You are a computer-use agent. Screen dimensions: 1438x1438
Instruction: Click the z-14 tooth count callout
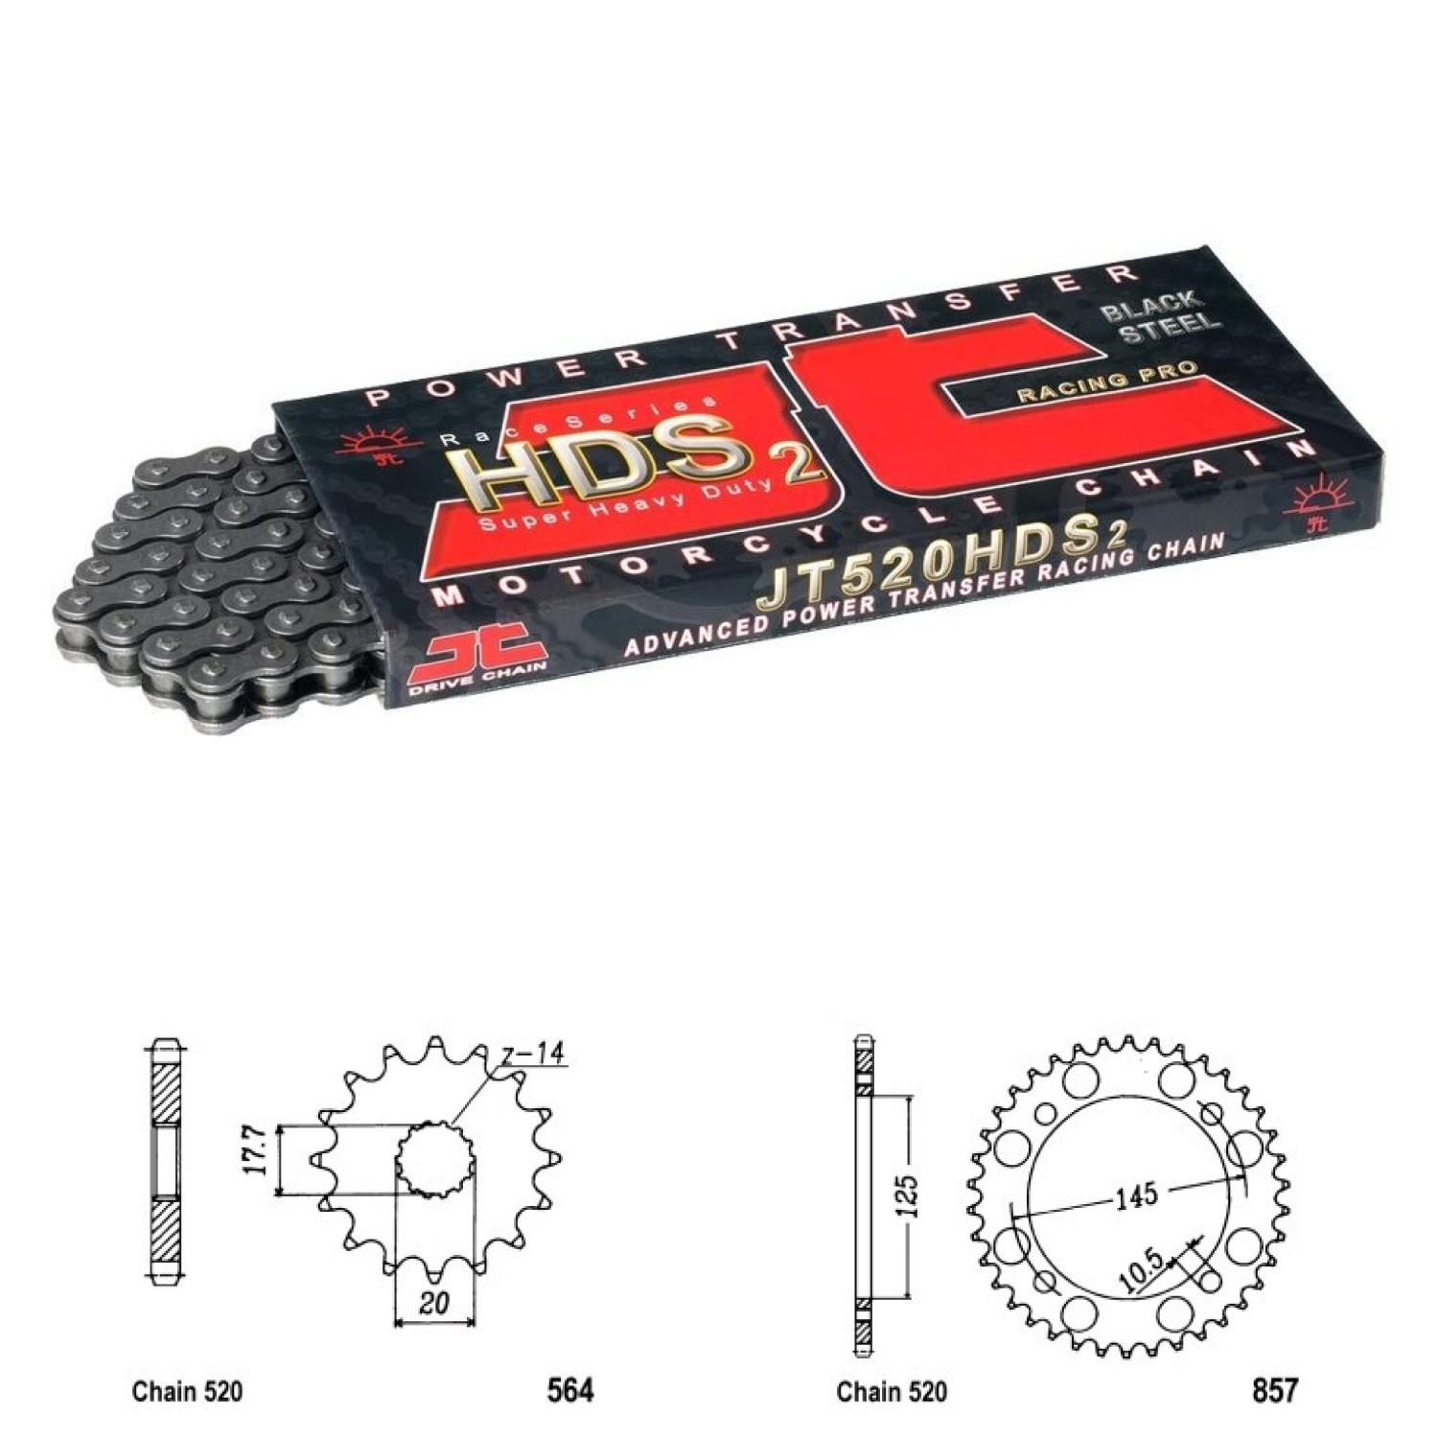click(x=532, y=1053)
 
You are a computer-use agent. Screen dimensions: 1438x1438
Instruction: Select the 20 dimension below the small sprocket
click(x=434, y=1302)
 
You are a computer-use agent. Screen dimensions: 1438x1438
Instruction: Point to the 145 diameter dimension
click(x=1136, y=1195)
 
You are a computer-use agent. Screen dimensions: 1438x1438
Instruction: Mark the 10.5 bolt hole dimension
click(x=1140, y=1270)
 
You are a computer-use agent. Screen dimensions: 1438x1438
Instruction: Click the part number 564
click(x=569, y=1390)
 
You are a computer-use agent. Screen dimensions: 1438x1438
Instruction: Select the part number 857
click(x=1274, y=1390)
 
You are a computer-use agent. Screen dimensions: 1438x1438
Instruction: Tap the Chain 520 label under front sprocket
click(x=187, y=1391)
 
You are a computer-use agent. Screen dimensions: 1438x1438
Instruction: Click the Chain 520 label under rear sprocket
click(x=892, y=1391)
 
